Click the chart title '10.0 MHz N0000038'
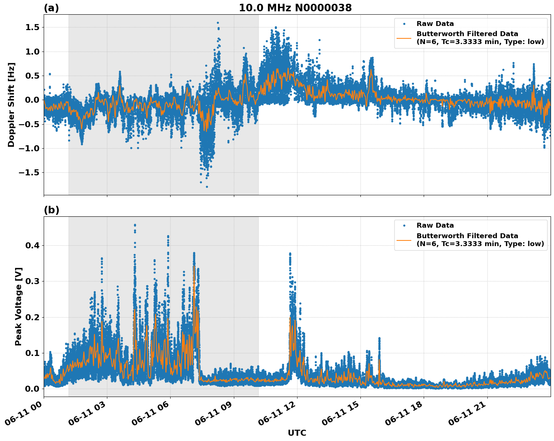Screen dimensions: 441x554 click(295, 8)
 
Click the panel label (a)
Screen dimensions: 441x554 click(51, 8)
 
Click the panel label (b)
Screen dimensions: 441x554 click(51, 210)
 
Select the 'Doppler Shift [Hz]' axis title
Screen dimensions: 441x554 click(11, 105)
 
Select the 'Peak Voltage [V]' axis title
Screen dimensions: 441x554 click(18, 306)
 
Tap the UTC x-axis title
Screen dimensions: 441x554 click(297, 433)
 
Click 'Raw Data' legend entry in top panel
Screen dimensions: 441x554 click(435, 24)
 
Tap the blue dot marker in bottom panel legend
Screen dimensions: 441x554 click(404, 226)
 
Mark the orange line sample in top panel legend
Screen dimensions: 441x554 click(404, 38)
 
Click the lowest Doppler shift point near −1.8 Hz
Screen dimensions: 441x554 click(207, 187)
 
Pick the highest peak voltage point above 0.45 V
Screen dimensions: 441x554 click(135, 225)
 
